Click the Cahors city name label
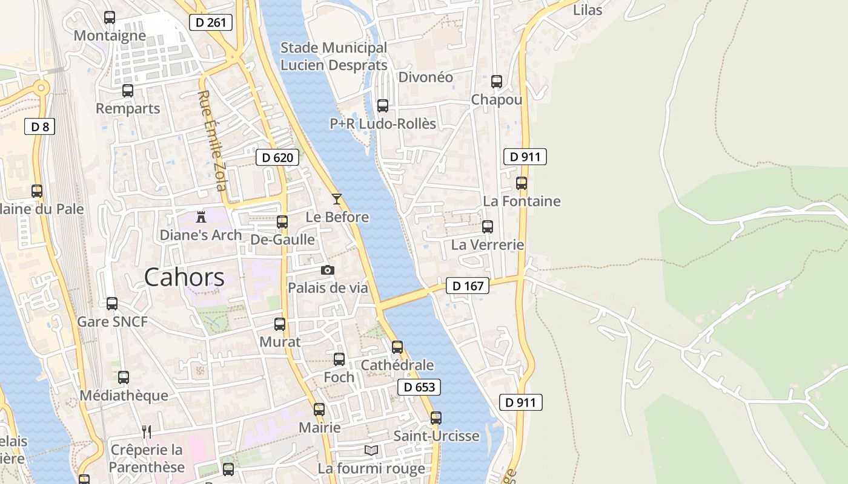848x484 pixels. click(184, 278)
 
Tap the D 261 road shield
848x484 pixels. click(211, 23)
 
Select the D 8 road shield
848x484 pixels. click(40, 126)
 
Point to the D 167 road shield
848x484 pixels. click(468, 286)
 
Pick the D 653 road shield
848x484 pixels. click(419, 387)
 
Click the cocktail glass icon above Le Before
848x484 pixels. click(337, 199)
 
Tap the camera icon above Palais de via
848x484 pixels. click(328, 270)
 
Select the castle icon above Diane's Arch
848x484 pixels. click(201, 217)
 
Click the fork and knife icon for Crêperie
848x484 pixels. click(146, 431)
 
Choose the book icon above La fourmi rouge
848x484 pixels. click(371, 450)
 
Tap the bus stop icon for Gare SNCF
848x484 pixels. click(112, 304)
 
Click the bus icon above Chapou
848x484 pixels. click(497, 81)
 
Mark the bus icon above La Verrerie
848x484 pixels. click(488, 227)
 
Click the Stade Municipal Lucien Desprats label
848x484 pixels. click(334, 56)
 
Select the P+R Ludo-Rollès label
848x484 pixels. click(383, 123)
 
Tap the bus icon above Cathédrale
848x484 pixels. click(397, 347)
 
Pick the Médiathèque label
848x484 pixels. click(124, 395)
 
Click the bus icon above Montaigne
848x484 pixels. click(110, 18)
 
